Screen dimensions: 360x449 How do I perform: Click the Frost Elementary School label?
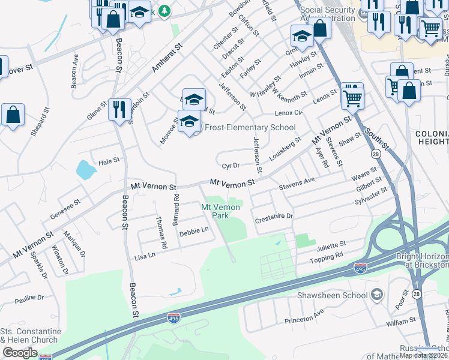click(x=250, y=127)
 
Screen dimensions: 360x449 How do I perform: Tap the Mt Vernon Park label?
click(x=220, y=211)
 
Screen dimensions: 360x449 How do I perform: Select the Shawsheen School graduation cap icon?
click(x=376, y=294)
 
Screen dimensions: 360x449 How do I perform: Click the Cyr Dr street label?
click(x=231, y=165)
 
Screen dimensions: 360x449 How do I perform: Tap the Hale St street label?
click(x=109, y=161)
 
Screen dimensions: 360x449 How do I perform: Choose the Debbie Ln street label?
click(x=194, y=230)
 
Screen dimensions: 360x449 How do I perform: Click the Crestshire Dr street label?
click(x=273, y=216)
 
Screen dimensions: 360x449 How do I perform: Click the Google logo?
click(x=20, y=352)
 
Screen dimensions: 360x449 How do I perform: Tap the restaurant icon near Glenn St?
click(x=119, y=109)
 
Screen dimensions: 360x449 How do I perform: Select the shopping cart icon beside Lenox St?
click(x=352, y=97)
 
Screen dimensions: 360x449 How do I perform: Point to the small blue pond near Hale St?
click(x=86, y=170)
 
